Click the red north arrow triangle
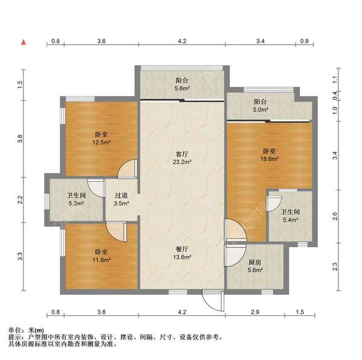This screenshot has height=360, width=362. click(x=24, y=42)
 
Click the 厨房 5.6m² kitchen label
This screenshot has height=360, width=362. click(x=255, y=266)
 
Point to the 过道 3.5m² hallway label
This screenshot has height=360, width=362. click(x=121, y=199)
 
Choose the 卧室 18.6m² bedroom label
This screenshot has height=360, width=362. click(x=269, y=155)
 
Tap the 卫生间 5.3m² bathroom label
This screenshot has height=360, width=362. click(x=75, y=199)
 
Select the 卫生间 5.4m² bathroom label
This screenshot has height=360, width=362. click(x=291, y=216)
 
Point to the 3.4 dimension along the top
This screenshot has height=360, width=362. click(x=261, y=41)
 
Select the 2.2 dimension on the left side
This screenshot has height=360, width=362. click(x=21, y=199)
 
